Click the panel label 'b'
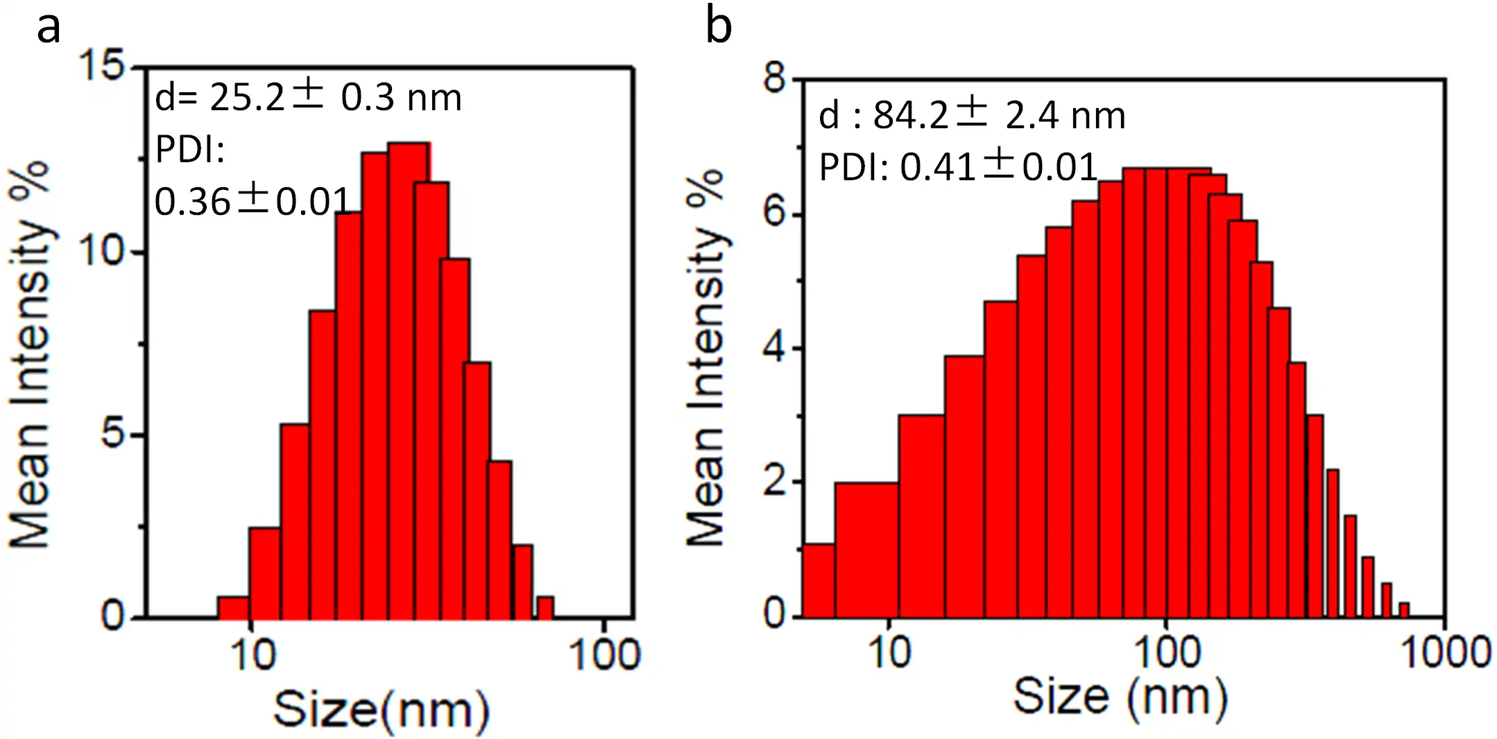(719, 28)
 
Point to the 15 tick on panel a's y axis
(102, 67)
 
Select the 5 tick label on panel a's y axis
(112, 435)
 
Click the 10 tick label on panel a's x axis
(253, 654)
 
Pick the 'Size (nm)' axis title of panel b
(1120, 697)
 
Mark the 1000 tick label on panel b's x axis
(1446, 652)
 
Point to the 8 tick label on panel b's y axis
(774, 78)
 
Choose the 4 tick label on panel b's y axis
(774, 348)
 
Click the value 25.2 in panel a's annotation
(247, 97)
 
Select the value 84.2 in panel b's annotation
(910, 115)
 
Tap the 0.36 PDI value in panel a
(192, 202)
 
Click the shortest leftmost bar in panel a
(233, 607)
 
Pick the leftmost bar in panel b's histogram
(818, 581)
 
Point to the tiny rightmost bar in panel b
(1404, 610)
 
